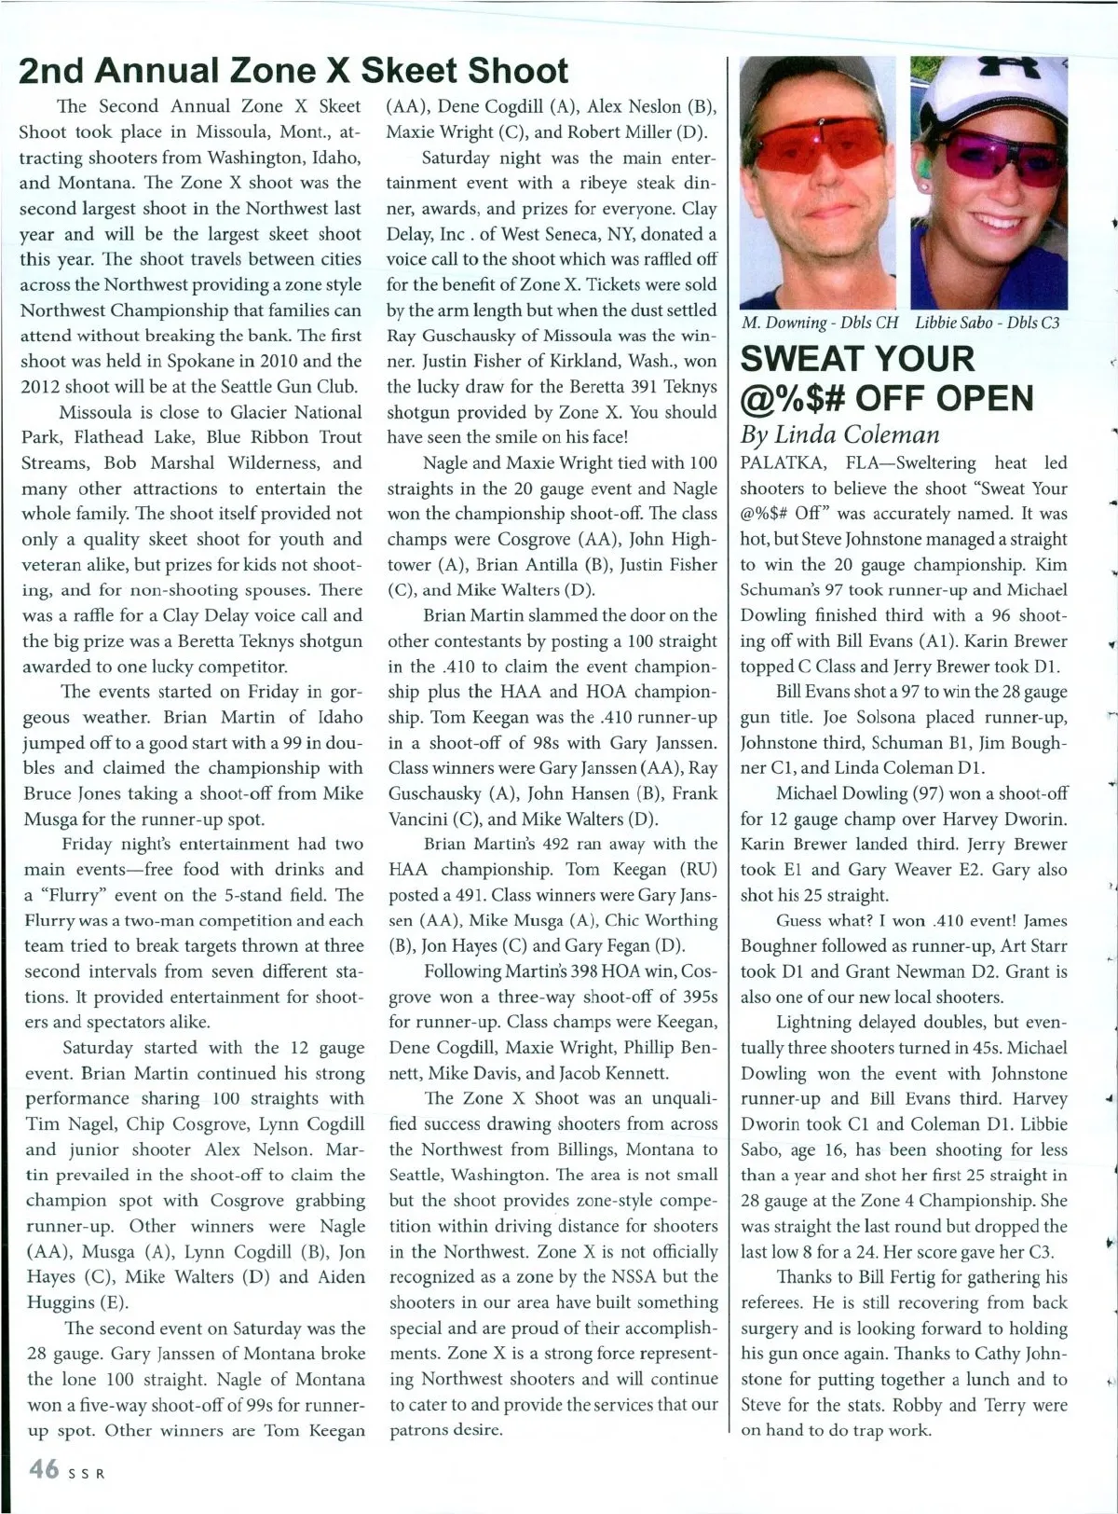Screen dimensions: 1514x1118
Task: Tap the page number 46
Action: pos(43,1470)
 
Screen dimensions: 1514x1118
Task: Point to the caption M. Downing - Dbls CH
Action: pos(820,323)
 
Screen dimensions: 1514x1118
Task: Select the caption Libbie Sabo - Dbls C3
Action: pos(987,323)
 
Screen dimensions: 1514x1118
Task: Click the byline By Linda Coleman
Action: pos(839,434)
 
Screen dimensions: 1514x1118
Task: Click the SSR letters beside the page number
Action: pos(86,1474)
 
